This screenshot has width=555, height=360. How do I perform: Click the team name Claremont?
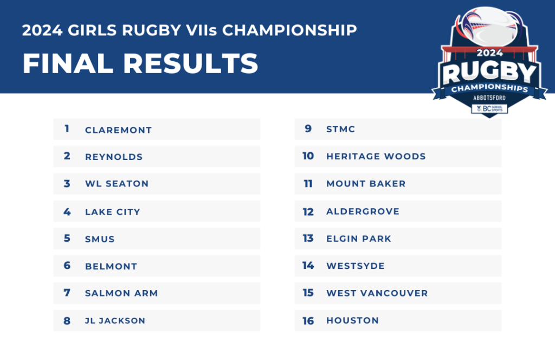coord(118,130)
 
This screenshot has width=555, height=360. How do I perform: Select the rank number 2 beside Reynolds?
coord(67,156)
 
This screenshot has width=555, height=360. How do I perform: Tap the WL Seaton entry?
coord(117,184)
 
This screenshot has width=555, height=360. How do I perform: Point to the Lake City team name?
coord(113,211)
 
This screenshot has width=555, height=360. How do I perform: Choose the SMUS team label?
coord(100,239)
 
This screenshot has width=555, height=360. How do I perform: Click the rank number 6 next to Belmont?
coord(67,266)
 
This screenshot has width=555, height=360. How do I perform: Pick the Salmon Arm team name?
coord(121,293)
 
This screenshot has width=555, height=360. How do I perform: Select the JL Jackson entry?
coord(115,320)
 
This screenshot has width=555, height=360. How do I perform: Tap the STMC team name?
coord(340,129)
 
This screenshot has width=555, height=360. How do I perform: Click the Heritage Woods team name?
coord(376,156)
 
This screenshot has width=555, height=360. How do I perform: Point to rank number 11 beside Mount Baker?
coord(308,183)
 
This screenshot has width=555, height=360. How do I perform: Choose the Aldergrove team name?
coord(363,211)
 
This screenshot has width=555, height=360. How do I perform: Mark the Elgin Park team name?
coord(359,239)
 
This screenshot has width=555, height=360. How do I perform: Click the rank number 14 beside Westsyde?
coord(308,266)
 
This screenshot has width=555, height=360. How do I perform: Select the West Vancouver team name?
coord(377,293)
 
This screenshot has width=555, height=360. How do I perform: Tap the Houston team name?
coord(352,320)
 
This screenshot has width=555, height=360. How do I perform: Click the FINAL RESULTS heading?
coord(140,64)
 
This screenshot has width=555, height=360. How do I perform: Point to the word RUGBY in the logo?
coord(489,73)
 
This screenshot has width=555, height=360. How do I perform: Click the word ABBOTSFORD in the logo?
coord(489,98)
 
